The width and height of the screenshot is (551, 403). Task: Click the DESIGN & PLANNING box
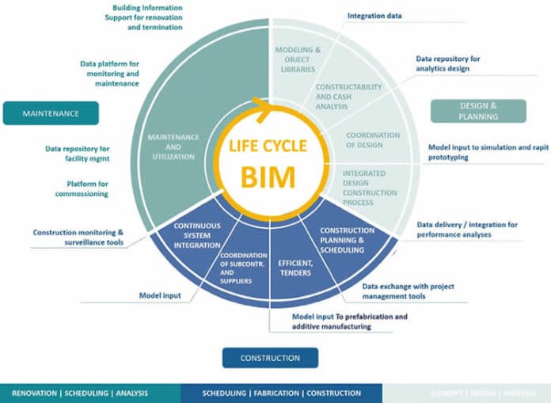tap(478, 111)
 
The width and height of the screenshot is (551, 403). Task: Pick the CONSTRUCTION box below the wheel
tap(270, 358)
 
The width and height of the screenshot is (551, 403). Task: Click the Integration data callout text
tap(374, 15)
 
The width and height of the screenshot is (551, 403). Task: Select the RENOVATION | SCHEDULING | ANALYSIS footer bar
tap(89, 393)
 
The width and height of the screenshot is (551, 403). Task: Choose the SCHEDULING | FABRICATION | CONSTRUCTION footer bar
tap(281, 393)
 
